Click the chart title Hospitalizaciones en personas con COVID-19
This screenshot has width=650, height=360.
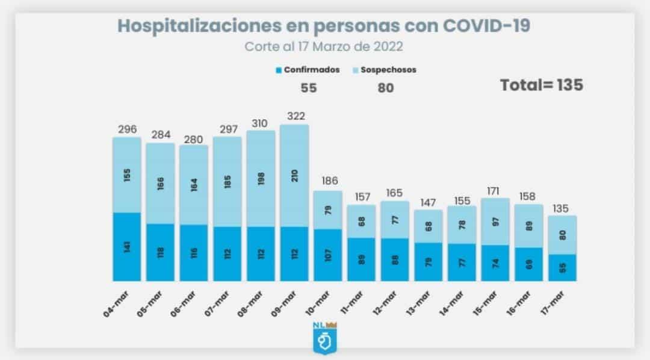(324, 26)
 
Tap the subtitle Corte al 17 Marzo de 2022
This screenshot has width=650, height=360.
(324, 46)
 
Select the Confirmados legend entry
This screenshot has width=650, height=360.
(308, 70)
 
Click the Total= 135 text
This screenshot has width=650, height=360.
(542, 85)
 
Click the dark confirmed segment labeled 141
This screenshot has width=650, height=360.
(127, 246)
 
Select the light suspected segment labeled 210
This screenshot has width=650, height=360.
(295, 176)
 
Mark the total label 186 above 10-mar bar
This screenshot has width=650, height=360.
(329, 181)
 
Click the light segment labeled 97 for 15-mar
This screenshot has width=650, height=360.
(495, 221)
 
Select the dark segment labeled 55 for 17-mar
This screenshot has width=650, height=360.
(563, 267)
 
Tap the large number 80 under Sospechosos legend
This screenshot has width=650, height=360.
(386, 88)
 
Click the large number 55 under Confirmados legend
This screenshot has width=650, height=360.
(308, 88)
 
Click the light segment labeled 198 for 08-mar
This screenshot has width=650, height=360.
(261, 178)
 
